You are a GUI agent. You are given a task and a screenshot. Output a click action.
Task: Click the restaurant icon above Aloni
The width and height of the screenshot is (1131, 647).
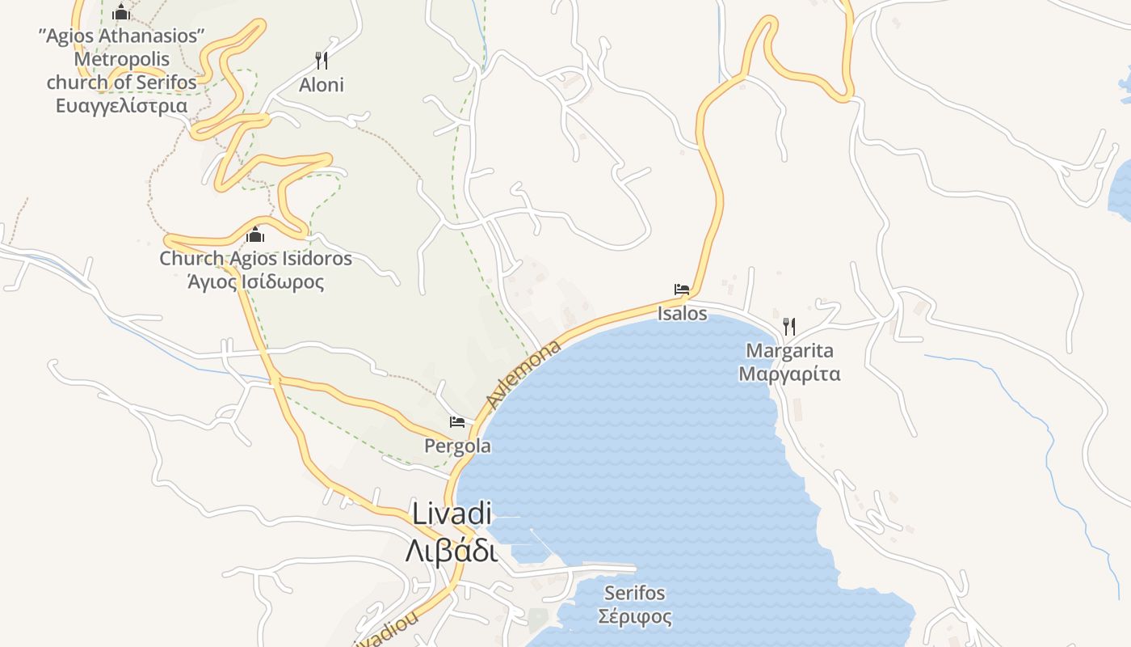322,61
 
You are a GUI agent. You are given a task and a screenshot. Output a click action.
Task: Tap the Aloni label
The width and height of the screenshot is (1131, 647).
322,85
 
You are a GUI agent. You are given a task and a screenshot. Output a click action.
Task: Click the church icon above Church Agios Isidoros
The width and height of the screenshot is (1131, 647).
256,235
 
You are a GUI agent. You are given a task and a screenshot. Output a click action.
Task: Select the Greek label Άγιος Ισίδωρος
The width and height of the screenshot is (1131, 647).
255,282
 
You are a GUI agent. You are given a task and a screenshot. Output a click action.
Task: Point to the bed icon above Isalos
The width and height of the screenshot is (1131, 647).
682,290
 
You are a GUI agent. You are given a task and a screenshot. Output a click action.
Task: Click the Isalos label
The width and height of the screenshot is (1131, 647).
682,313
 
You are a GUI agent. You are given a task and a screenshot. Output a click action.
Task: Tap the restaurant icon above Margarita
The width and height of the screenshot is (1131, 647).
789,327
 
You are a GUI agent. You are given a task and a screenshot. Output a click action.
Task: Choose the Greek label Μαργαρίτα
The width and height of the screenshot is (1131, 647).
789,374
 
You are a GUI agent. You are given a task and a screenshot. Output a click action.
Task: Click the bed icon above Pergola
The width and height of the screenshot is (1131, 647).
457,422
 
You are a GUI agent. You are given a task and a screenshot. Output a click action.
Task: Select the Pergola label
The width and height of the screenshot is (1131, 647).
457,446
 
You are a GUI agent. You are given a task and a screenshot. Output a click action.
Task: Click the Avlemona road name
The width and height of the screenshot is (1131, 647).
523,375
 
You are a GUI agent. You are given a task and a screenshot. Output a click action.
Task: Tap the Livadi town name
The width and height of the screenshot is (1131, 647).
452,514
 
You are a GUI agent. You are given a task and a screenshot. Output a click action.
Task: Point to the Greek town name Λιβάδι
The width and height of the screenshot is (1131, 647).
451,551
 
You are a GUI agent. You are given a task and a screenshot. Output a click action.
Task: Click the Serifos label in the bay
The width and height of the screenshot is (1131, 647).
634,593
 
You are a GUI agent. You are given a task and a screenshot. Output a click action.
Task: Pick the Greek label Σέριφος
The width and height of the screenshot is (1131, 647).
634,617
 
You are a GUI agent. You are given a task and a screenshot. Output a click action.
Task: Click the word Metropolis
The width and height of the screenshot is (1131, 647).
121,59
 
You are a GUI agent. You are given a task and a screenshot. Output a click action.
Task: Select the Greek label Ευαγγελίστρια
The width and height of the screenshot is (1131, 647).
121,106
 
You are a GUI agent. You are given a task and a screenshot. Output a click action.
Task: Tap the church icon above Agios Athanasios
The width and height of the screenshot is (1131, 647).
121,11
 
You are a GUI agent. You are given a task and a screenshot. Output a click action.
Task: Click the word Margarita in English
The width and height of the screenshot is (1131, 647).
789,351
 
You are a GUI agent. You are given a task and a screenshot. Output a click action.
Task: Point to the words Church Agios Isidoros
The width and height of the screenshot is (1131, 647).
255,259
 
